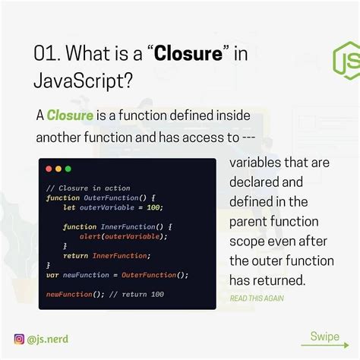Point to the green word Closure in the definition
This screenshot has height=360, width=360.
[x=70, y=116]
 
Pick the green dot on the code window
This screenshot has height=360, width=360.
[x=68, y=169]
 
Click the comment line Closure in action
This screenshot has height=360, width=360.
[x=88, y=188]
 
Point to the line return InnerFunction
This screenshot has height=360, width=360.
[x=106, y=256]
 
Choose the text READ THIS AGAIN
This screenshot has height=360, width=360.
[x=257, y=298]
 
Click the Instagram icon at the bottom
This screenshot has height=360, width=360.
[x=19, y=340]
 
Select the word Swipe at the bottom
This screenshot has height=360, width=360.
[x=324, y=336]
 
